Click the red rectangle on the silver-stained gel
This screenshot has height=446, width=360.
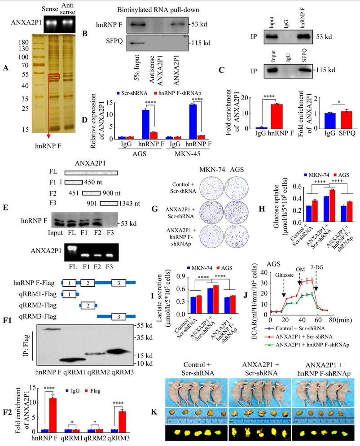[53, 76]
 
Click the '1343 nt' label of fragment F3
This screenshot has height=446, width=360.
[129, 205]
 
